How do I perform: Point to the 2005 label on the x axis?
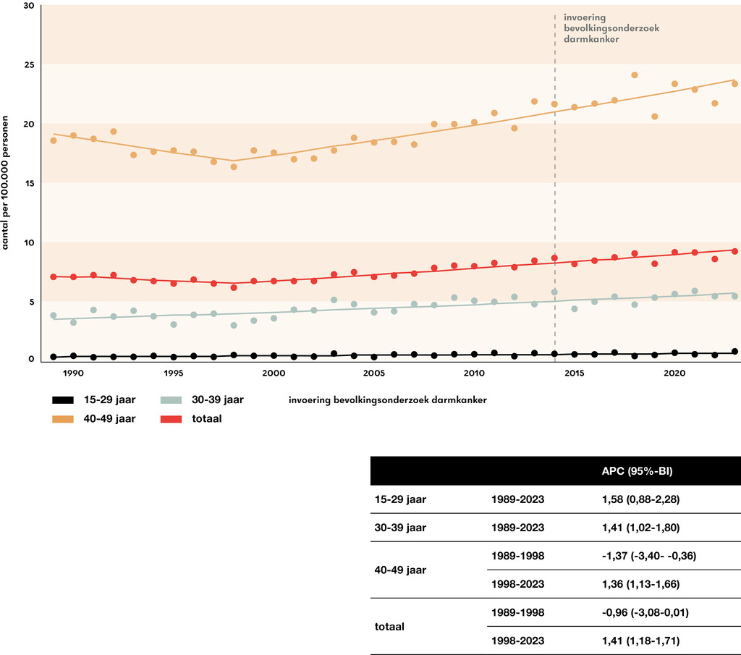[x=373, y=373]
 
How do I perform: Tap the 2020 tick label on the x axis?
[x=674, y=373]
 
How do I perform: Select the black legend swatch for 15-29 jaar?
[x=63, y=400]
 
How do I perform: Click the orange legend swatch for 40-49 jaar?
[x=63, y=419]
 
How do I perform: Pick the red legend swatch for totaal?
[x=170, y=419]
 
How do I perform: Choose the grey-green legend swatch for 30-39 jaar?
[x=170, y=400]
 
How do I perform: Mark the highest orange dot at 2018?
[x=635, y=75]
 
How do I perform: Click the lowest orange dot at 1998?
[x=234, y=166]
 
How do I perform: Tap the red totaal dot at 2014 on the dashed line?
[x=554, y=258]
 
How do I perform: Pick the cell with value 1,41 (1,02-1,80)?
[x=632, y=528]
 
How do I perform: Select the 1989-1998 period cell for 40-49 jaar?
[x=517, y=556]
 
